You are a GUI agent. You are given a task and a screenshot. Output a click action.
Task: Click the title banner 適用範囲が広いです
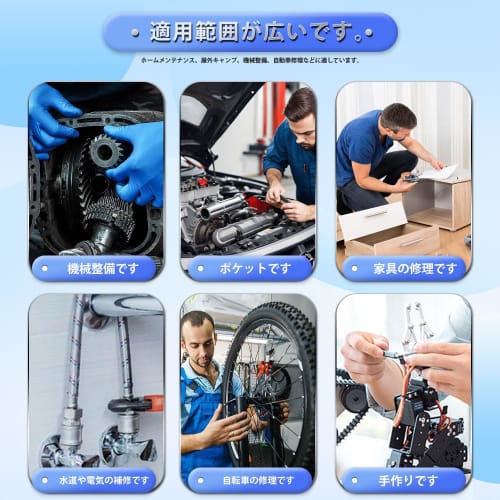tap(250, 33)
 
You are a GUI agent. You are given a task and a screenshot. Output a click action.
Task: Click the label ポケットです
tap(249, 268)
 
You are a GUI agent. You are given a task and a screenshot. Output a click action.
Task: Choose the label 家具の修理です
tap(404, 268)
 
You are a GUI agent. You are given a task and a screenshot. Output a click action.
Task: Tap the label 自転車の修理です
tap(249, 480)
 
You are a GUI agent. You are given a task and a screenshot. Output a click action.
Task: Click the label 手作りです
tap(404, 480)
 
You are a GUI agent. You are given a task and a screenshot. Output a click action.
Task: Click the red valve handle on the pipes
tap(151, 403)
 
